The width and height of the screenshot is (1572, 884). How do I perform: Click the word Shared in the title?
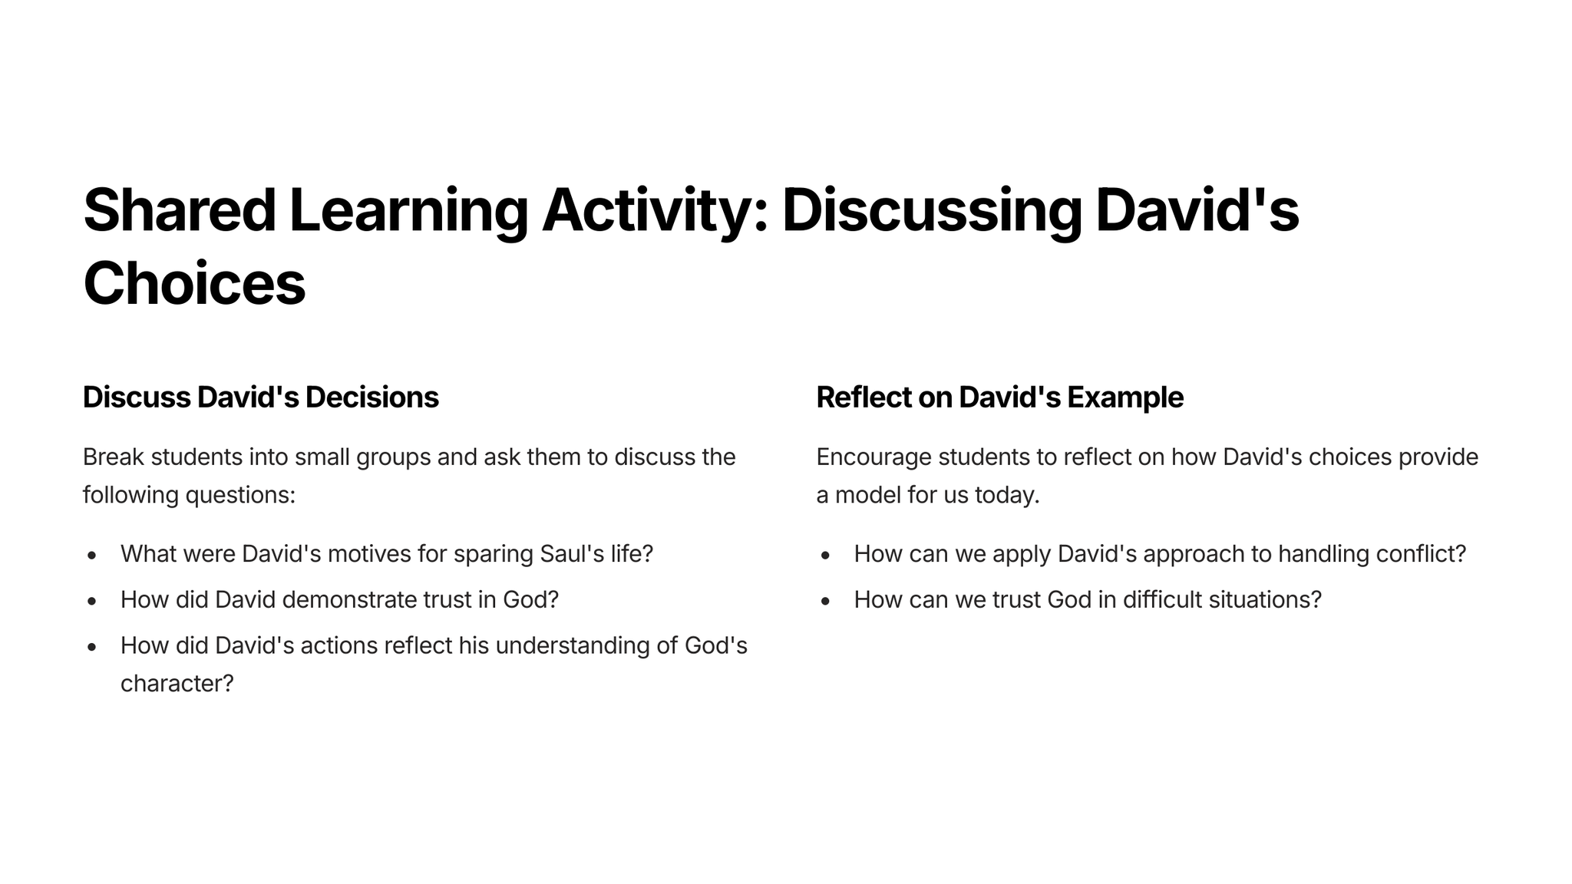click(x=180, y=210)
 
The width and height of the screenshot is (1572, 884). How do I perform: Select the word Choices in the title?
click(x=194, y=283)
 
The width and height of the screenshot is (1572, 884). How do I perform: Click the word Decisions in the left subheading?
click(x=372, y=397)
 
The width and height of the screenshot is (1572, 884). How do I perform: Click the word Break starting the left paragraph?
click(x=114, y=457)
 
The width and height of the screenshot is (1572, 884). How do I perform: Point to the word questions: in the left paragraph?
click(x=240, y=496)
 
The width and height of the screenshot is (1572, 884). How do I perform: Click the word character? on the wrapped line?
click(x=177, y=683)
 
